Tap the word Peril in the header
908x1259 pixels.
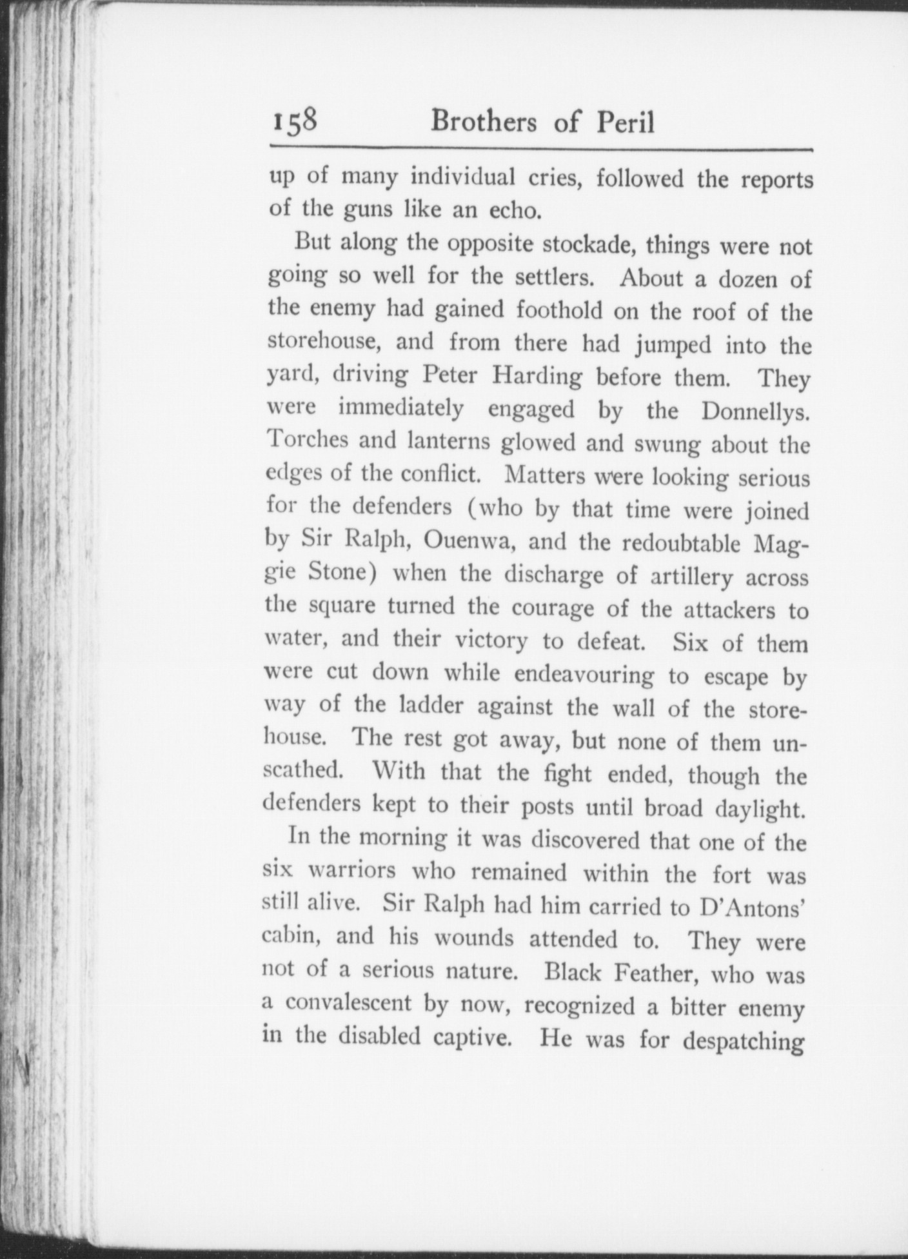[624, 121]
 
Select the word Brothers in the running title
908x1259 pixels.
[483, 121]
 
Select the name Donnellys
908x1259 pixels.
[755, 411]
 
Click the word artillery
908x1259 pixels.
[687, 576]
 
